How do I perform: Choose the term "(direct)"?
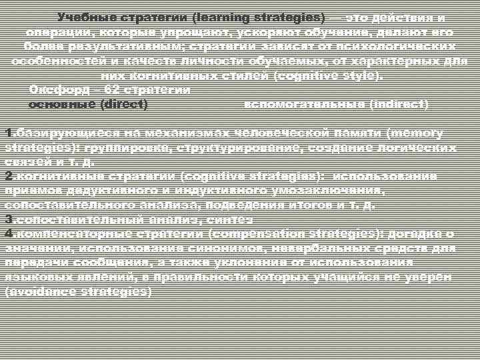click(x=124, y=105)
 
